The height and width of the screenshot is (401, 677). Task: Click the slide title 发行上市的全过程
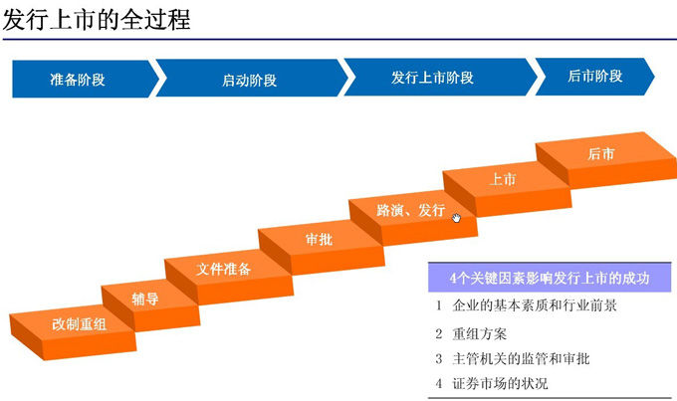97,20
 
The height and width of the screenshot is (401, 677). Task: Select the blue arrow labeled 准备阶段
86,79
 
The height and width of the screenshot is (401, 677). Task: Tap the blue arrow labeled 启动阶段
251,79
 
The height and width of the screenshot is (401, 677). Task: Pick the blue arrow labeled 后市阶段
594,77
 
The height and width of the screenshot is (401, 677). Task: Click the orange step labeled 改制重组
73,331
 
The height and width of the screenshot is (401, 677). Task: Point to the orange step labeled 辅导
150,304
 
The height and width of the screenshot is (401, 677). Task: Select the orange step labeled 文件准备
229,277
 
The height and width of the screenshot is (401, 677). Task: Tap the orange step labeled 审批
322,247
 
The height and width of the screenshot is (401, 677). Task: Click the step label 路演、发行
410,210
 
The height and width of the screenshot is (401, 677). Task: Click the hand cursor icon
456,218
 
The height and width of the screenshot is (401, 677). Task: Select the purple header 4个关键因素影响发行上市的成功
550,278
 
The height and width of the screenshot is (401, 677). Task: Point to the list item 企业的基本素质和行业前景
535,305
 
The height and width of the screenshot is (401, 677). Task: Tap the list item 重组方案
479,333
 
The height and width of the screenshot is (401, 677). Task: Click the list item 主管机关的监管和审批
521,358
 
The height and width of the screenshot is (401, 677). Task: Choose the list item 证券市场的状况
500,383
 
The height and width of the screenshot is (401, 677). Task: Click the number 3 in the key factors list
439,358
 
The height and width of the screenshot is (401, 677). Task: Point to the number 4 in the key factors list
439,383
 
